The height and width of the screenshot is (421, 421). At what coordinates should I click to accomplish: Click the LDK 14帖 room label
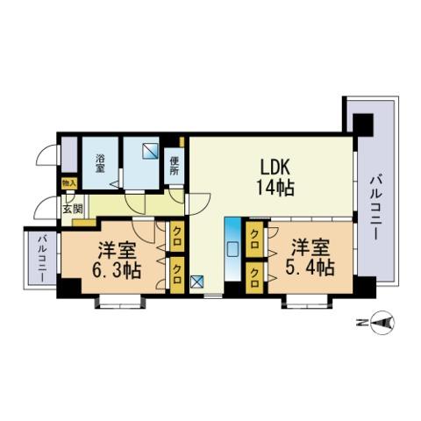click(275, 177)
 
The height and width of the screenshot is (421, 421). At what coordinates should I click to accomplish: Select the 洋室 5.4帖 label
click(310, 257)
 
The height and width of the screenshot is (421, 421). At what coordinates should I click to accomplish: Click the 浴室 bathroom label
click(100, 163)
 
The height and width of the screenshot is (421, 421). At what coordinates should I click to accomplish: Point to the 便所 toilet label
click(174, 166)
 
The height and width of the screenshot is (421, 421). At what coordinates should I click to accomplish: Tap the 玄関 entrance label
click(73, 209)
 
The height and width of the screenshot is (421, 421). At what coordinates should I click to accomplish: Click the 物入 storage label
click(69, 183)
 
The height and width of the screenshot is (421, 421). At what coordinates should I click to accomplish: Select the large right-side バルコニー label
click(375, 208)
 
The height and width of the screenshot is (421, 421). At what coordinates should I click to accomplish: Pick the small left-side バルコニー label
click(43, 259)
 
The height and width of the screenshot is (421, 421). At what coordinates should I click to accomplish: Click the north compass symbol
click(382, 323)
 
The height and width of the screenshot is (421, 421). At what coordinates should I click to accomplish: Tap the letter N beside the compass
click(362, 323)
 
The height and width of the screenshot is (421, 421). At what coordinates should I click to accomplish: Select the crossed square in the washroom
click(150, 151)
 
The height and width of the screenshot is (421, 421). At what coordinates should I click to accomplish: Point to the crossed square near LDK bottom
click(196, 282)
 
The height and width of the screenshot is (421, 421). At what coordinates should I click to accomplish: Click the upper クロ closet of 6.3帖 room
click(177, 237)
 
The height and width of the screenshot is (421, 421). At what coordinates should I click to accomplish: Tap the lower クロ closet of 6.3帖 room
click(177, 275)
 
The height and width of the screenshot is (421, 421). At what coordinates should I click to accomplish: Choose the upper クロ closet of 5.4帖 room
click(254, 239)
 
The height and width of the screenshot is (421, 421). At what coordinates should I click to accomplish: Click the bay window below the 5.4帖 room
click(307, 302)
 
